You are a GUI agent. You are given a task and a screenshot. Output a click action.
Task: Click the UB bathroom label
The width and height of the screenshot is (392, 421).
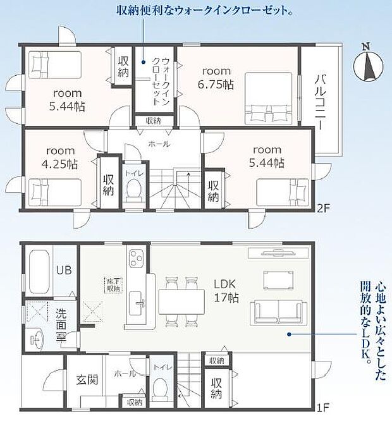tap(64, 270)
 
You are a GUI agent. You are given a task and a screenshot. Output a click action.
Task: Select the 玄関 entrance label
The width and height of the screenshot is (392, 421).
tap(86, 381)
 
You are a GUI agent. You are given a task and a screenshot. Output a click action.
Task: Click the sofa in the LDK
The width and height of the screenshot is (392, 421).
tap(276, 312)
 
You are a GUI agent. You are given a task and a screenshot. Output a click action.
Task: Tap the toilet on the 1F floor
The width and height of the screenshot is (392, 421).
tap(161, 386)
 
